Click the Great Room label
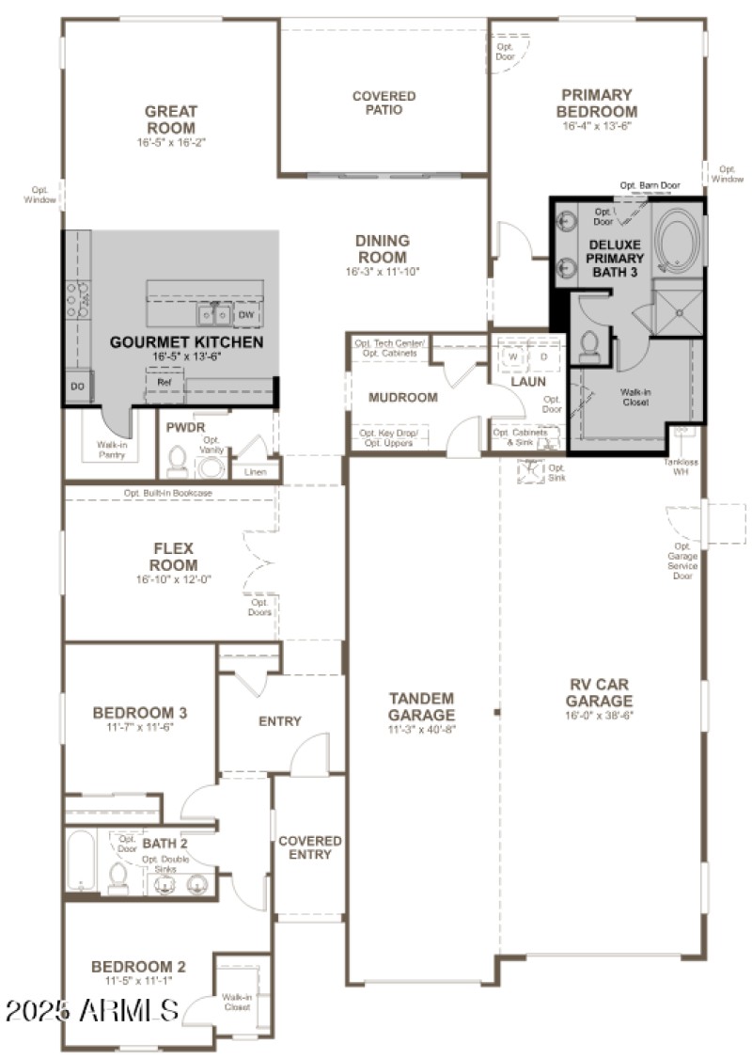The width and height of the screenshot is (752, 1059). click(x=170, y=119)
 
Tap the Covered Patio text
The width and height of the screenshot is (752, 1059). click(x=384, y=103)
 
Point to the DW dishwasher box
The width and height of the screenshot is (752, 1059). click(x=245, y=314)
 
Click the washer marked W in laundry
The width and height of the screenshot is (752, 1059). click(x=513, y=357)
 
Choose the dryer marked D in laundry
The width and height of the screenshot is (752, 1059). click(x=543, y=357)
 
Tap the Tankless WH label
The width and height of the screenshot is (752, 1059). click(x=682, y=466)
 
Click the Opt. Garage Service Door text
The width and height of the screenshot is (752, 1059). click(x=682, y=561)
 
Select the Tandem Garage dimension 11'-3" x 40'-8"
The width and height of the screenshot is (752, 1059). click(x=422, y=729)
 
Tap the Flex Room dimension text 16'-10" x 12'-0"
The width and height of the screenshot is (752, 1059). click(x=174, y=579)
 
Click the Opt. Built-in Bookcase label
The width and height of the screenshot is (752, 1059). click(x=168, y=493)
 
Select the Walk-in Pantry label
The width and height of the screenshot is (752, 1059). click(x=112, y=450)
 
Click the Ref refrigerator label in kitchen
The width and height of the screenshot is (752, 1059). click(x=164, y=383)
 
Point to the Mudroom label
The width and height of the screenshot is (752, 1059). click(x=402, y=398)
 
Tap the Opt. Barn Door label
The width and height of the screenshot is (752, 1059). click(x=650, y=186)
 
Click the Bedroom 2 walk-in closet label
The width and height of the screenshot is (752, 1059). click(x=236, y=1002)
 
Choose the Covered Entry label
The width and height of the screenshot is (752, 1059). click(x=310, y=847)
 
